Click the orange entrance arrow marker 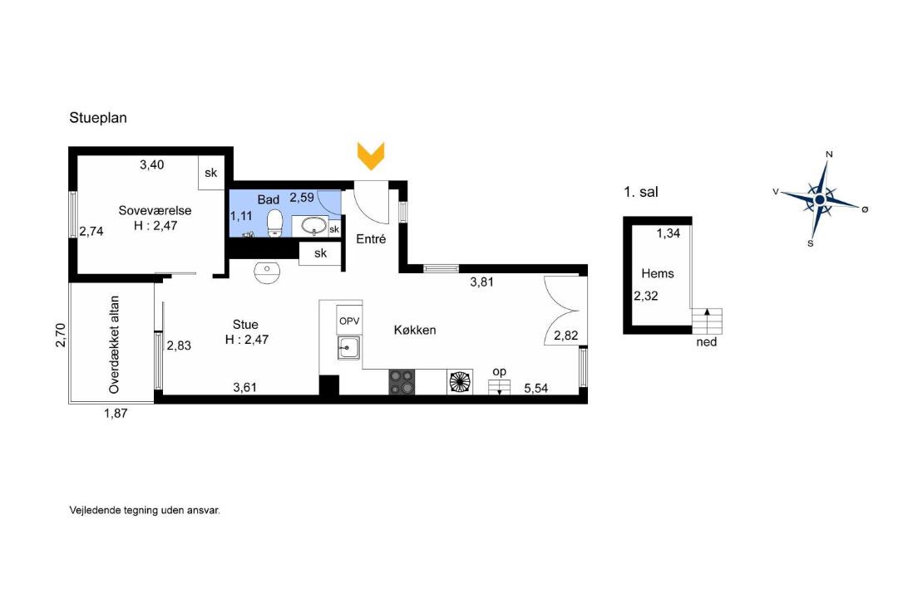click(x=371, y=155)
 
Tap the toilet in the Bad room click(x=275, y=223)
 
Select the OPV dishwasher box click(x=349, y=321)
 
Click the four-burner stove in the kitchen click(x=402, y=382)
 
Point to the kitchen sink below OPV click(x=348, y=348)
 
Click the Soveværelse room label click(x=155, y=211)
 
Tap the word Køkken click(x=415, y=331)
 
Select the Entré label click(x=371, y=239)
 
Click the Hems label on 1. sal click(x=658, y=273)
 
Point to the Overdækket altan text click(x=114, y=345)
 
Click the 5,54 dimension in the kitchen click(x=536, y=389)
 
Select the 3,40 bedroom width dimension click(x=152, y=164)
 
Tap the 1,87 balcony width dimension click(x=116, y=413)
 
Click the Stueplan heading click(x=98, y=118)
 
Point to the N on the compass click(x=829, y=154)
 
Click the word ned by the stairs click(x=707, y=342)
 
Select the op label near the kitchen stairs click(x=500, y=372)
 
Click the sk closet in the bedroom click(x=210, y=172)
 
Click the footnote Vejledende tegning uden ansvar click(x=145, y=510)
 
